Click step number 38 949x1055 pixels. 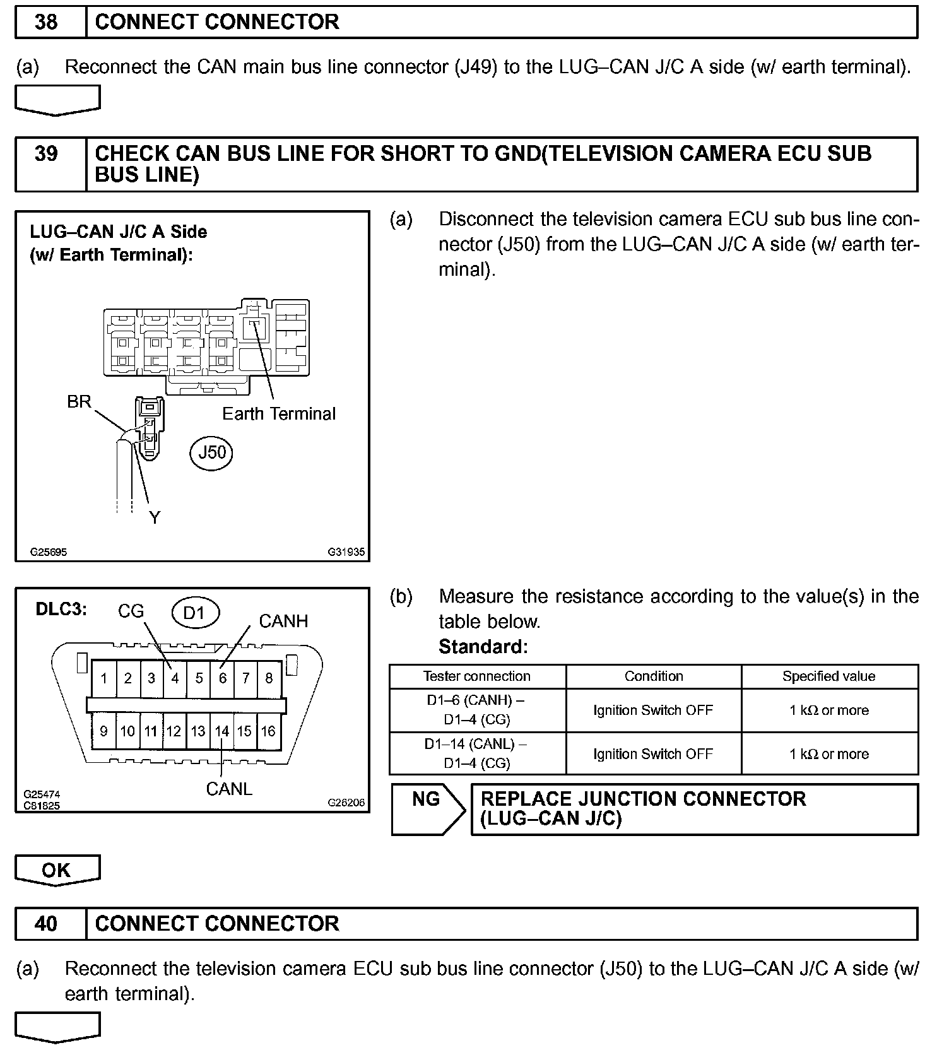tap(47, 22)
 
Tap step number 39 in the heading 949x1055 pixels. tap(47, 154)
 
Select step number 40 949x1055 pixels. tap(47, 924)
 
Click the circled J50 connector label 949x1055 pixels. tap(211, 452)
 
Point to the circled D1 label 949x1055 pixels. tap(194, 613)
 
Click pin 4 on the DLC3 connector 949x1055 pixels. tap(175, 678)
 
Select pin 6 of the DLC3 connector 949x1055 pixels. tap(222, 678)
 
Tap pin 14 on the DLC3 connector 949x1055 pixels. tap(221, 731)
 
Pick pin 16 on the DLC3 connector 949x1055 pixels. tap(268, 731)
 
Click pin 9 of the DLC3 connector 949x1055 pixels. tap(103, 731)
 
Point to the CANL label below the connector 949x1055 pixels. tap(228, 789)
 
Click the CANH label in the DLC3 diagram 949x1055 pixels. tap(283, 622)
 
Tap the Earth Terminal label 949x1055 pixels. tap(279, 414)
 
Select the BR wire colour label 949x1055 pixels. tap(79, 402)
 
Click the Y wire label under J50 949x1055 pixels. tap(155, 517)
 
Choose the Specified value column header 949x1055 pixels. tap(828, 676)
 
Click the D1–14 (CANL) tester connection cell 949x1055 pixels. tap(477, 753)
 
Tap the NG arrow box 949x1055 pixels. tap(428, 809)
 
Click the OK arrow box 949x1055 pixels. tap(57, 870)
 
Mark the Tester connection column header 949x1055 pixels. tap(477, 676)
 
